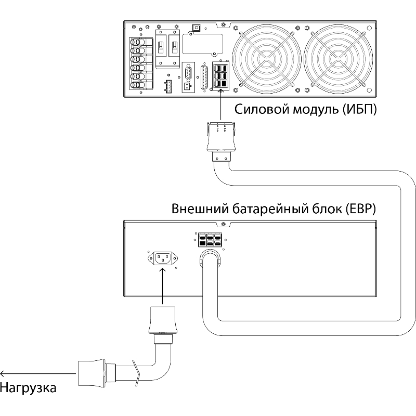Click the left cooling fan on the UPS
point(267,59)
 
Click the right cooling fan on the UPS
point(338,59)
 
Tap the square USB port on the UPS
point(197,28)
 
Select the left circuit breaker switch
point(161,48)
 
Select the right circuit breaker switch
point(174,48)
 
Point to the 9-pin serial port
point(188,73)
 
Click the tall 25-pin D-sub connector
point(204,78)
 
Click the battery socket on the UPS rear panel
point(220,76)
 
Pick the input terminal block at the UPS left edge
point(141,63)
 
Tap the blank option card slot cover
point(202,44)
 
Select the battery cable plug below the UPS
point(220,141)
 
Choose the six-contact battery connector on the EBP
point(210,240)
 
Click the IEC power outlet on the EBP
point(162,258)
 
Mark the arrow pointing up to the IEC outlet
point(162,286)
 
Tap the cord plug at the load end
point(97,373)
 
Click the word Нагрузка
point(28,388)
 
